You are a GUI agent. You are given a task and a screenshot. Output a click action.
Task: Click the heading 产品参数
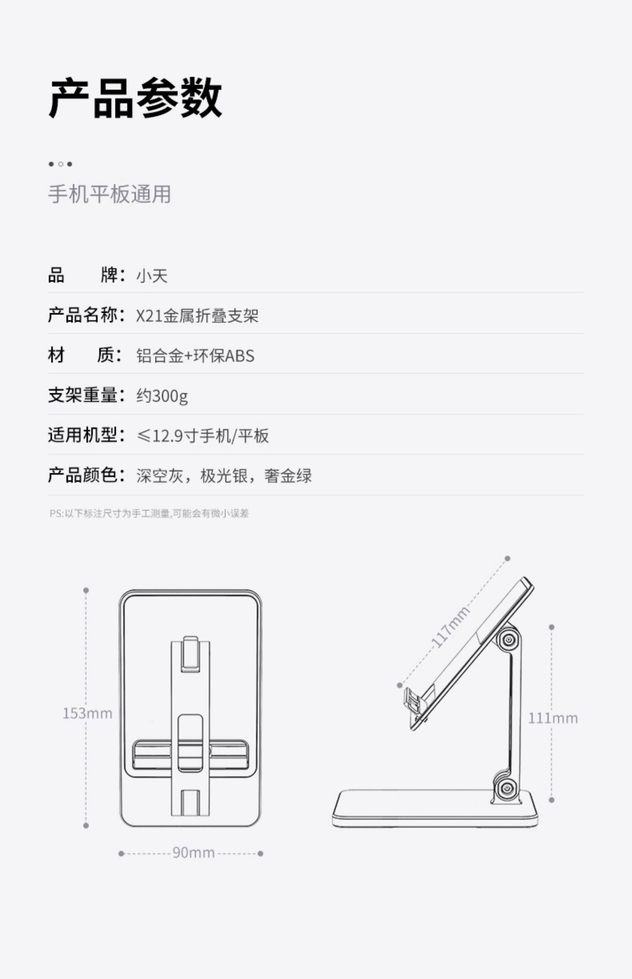point(136,99)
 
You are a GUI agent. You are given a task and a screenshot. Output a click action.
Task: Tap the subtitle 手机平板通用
point(110,194)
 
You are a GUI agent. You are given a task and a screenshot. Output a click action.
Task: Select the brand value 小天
point(152,276)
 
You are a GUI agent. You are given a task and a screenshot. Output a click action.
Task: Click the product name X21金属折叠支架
point(197,316)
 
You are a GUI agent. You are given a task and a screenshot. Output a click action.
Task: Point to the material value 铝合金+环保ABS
point(195,356)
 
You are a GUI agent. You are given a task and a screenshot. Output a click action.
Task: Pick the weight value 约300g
point(162,396)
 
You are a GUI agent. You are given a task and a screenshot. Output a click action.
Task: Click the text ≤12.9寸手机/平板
point(203,436)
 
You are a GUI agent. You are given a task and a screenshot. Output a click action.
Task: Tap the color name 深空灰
point(160,476)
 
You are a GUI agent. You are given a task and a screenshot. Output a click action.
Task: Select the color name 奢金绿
point(288,476)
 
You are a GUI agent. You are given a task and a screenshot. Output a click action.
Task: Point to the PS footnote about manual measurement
point(149,514)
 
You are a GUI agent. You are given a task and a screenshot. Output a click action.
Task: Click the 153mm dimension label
point(88,713)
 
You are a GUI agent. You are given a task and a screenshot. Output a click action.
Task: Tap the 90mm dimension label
point(193,853)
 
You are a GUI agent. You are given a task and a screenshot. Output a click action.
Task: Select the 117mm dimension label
point(450,627)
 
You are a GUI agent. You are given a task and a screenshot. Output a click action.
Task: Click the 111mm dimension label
point(553,718)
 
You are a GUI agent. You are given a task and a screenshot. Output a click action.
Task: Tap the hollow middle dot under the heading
point(61,164)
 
